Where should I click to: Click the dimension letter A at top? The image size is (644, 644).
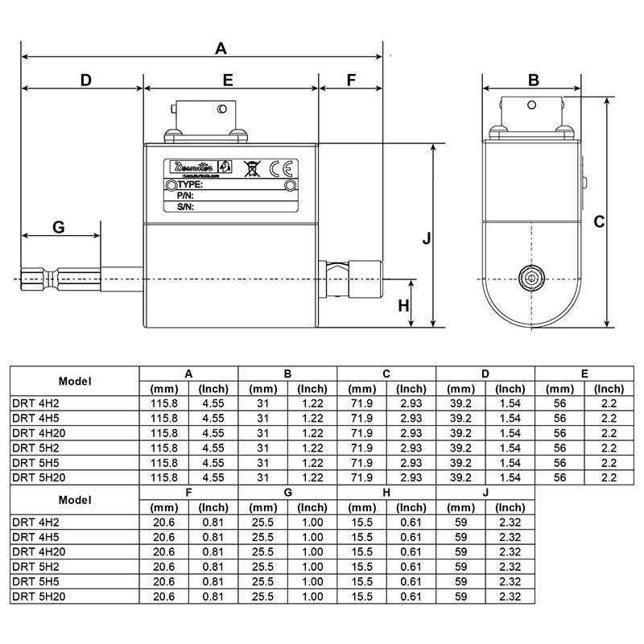[x=221, y=49]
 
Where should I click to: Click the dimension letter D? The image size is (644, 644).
[x=85, y=80]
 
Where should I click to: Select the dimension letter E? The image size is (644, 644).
[x=228, y=80]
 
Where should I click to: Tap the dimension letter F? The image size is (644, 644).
[x=350, y=80]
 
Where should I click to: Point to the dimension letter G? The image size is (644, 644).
[x=59, y=228]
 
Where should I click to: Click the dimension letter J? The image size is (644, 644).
[x=427, y=238]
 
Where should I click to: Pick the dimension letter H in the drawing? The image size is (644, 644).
[x=404, y=305]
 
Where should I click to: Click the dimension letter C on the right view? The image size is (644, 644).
[x=599, y=222]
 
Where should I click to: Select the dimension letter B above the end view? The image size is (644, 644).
[x=533, y=80]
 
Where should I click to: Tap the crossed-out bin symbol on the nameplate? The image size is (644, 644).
[x=251, y=167]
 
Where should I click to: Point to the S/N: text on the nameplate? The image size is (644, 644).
[x=186, y=206]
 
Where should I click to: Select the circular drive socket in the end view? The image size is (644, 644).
[x=531, y=278]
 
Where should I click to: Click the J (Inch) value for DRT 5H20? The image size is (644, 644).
[x=510, y=597]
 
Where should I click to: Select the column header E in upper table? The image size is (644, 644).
[x=584, y=374]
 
